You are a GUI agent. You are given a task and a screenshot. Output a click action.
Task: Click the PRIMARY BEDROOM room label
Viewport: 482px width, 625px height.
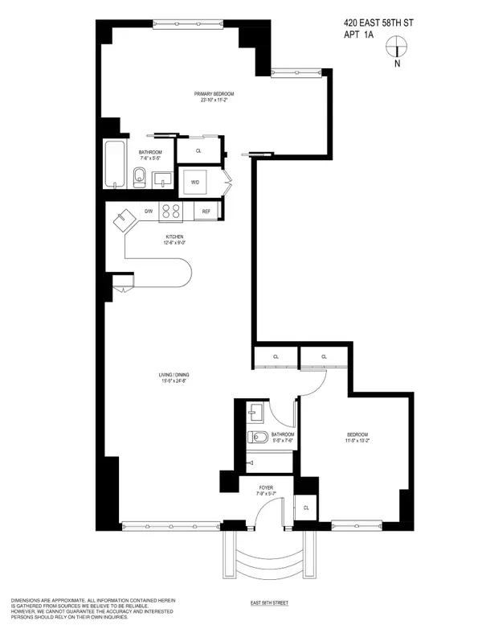213,94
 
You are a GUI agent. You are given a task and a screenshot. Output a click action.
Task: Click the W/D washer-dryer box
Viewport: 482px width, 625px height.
195,182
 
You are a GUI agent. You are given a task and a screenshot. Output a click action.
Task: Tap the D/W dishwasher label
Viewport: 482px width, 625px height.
148,211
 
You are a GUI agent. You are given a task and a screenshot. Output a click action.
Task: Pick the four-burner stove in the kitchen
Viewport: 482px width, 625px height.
171,211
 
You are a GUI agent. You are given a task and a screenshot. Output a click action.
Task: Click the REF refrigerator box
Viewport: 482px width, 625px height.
206,212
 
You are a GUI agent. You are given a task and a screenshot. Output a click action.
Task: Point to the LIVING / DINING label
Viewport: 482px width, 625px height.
174,375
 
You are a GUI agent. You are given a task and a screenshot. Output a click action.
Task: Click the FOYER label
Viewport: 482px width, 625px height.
266,487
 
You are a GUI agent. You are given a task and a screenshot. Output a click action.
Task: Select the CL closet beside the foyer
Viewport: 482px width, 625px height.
306,508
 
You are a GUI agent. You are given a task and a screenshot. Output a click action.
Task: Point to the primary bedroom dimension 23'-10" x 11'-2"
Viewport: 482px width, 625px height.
213,101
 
